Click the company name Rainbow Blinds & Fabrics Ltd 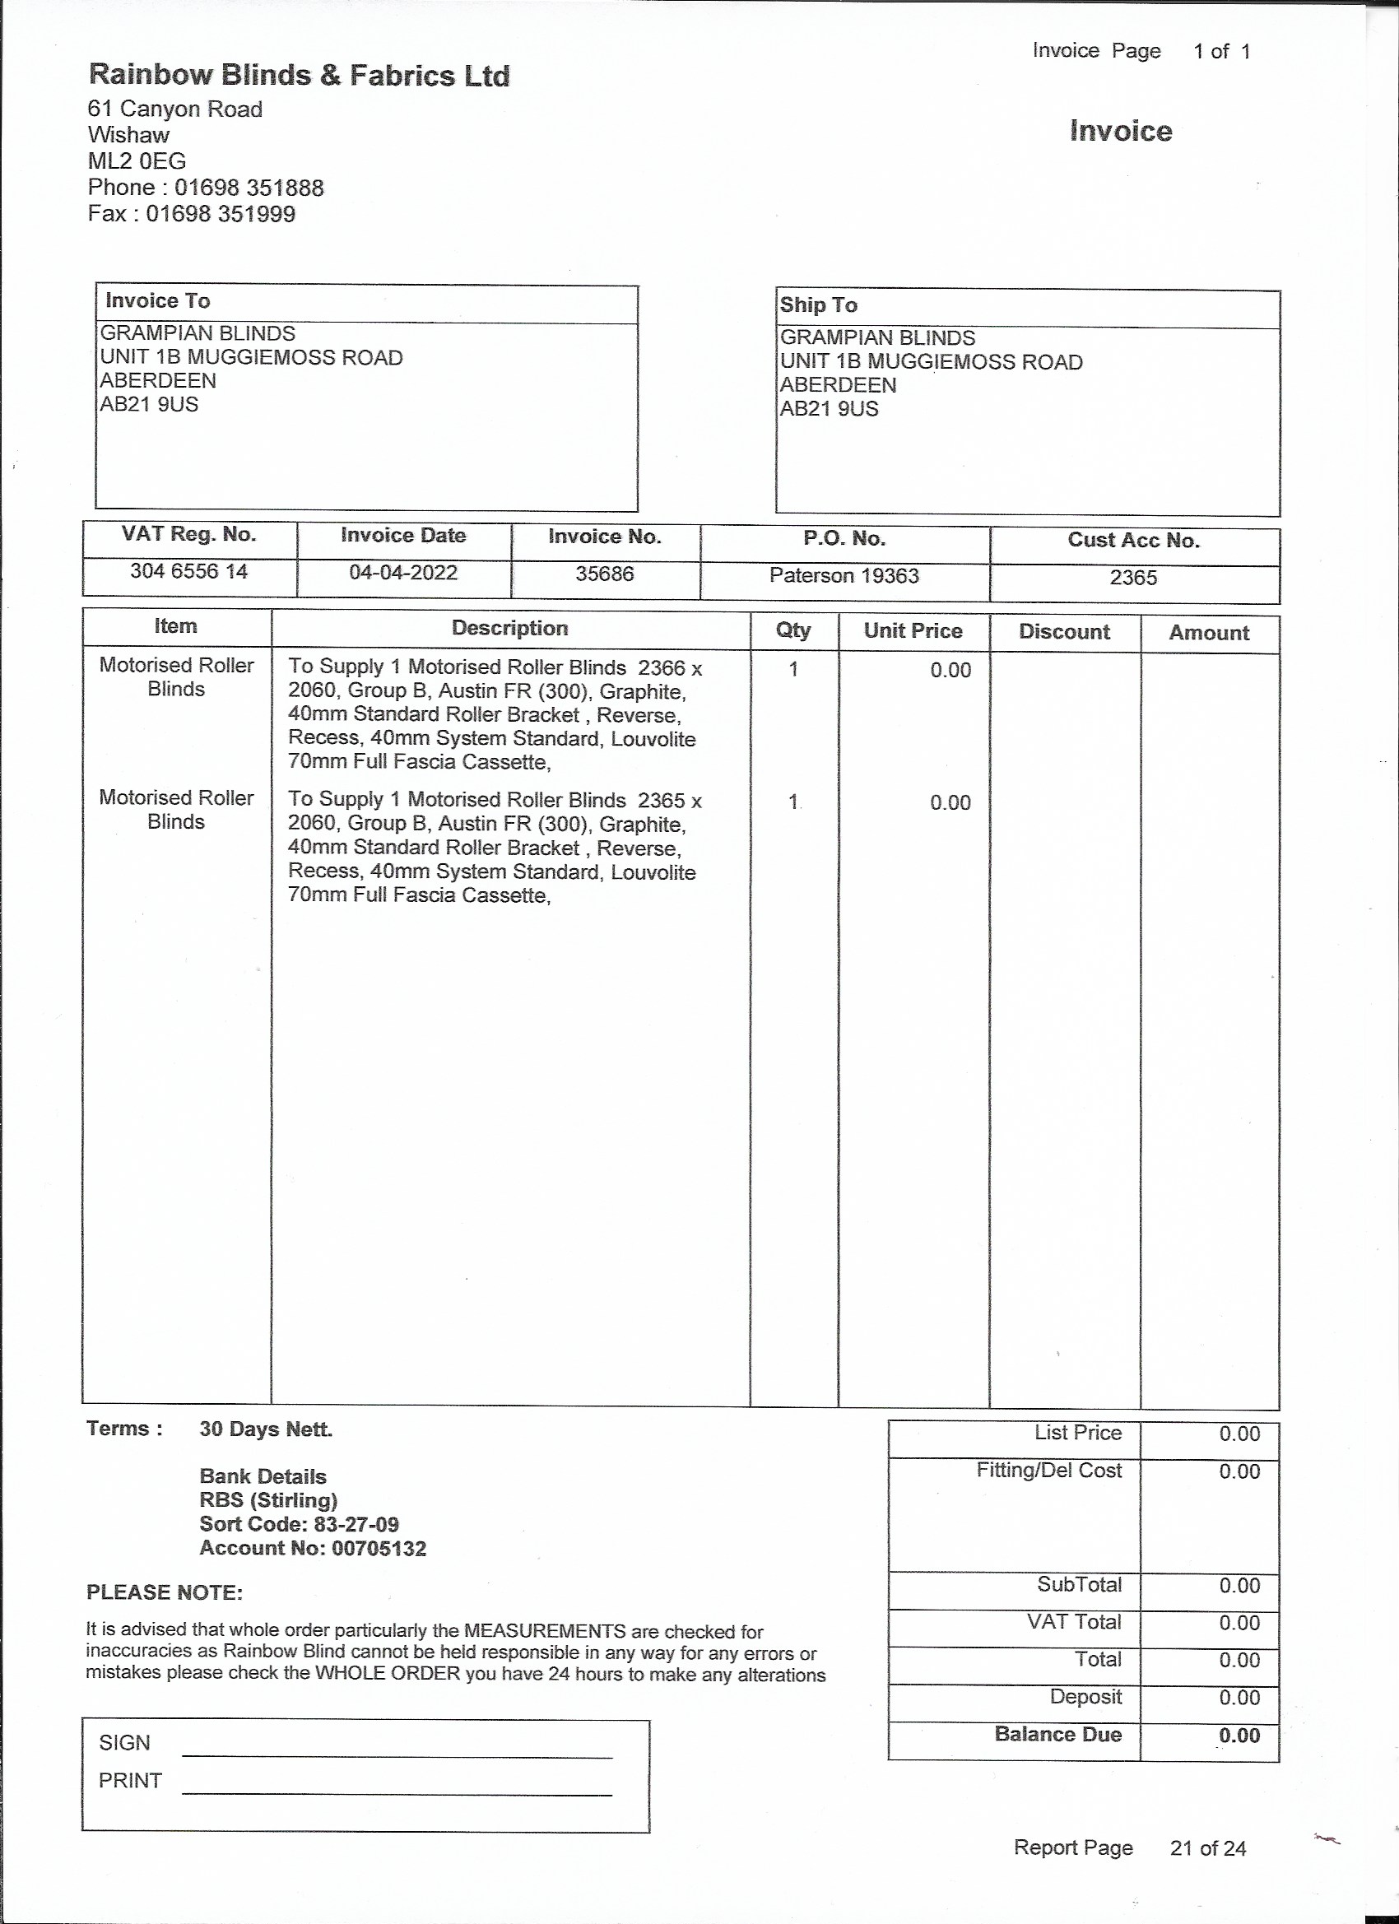[299, 76]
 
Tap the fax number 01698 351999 [221, 214]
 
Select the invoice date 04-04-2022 [403, 573]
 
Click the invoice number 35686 [604, 574]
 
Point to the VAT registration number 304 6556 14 [188, 571]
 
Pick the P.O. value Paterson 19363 [844, 576]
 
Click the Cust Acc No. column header [1133, 541]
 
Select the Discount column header [1064, 632]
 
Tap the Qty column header [793, 630]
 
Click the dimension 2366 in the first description [661, 667]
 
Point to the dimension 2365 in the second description [661, 800]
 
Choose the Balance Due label [1058, 1734]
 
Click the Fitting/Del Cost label [1048, 1470]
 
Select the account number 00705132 [379, 1548]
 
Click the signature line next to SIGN [397, 1757]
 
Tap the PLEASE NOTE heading [165, 1592]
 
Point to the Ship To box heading [819, 305]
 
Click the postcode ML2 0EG [137, 161]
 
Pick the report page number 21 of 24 [1207, 1847]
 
